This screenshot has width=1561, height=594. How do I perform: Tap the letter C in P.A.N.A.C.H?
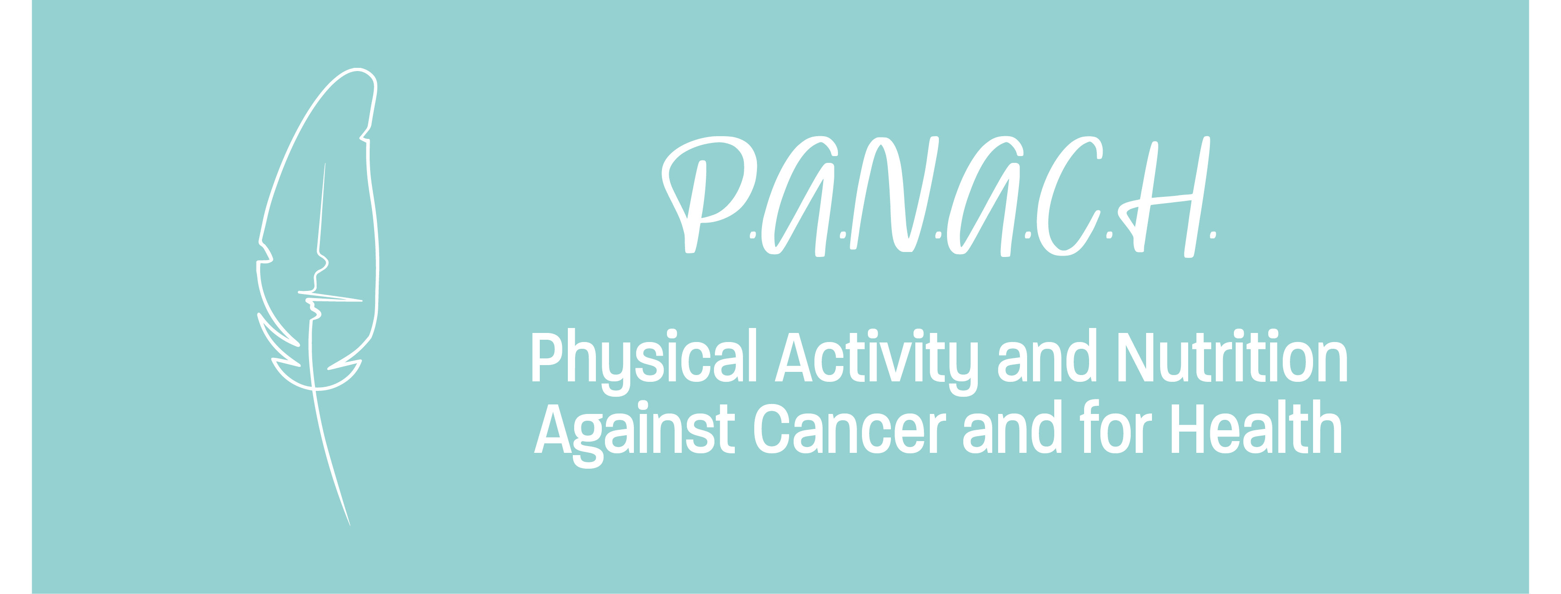1069,195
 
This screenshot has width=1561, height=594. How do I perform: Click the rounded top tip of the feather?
359,68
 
